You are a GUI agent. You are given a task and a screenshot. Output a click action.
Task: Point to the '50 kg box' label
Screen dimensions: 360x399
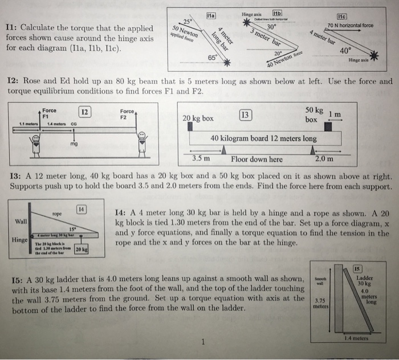314,114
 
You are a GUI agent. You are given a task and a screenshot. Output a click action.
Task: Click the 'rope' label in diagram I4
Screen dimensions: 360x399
56,214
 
